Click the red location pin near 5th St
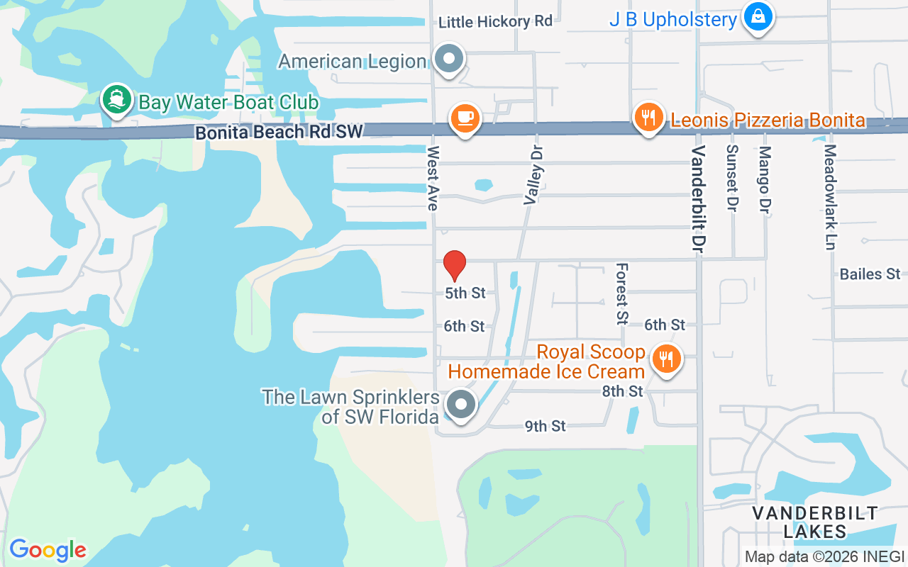[455, 266]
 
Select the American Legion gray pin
[448, 60]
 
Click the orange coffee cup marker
[465, 118]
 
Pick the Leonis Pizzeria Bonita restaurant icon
[648, 117]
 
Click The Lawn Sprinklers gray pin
[461, 405]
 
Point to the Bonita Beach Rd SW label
[279, 132]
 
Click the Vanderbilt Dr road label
[699, 191]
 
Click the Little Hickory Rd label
[494, 22]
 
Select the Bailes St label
[869, 274]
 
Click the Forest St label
[622, 293]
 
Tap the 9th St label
[545, 426]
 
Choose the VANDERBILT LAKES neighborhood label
[814, 522]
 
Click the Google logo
[48, 550]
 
